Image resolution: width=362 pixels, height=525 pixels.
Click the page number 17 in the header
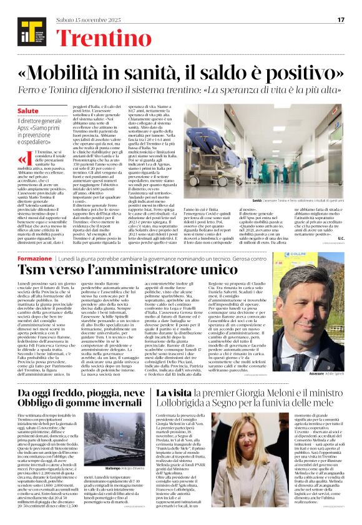click(341, 20)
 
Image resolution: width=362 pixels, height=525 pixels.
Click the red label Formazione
click(34, 258)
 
